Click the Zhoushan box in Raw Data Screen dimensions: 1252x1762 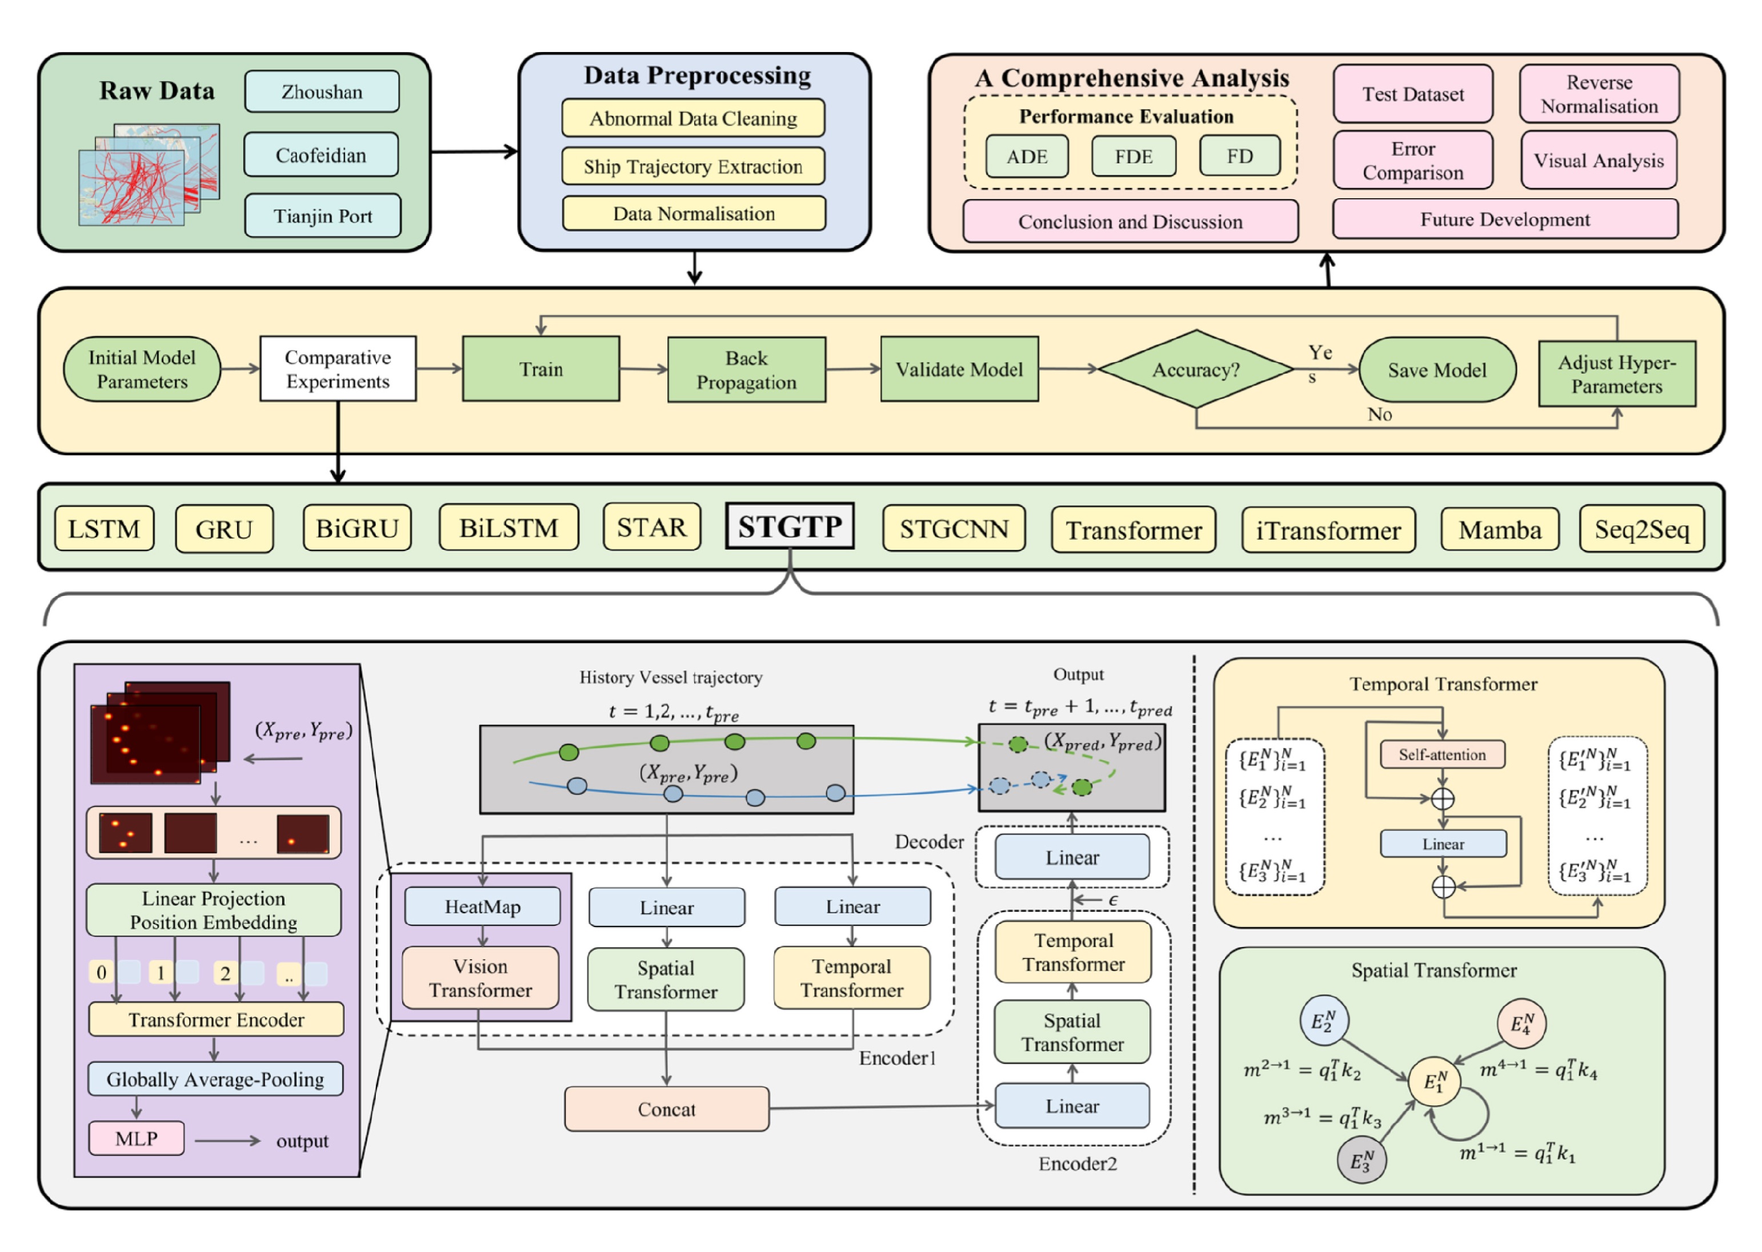(x=322, y=92)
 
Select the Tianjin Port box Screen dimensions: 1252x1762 (x=322, y=216)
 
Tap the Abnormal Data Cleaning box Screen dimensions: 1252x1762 (x=692, y=118)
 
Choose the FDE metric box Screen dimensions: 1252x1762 (x=1133, y=156)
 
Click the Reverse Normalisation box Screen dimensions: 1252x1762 (x=1599, y=94)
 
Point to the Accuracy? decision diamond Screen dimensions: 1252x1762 (x=1195, y=370)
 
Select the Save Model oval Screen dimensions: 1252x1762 (x=1436, y=370)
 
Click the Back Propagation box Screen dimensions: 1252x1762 (x=746, y=370)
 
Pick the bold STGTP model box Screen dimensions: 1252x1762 (x=789, y=527)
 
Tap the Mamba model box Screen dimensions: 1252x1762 (x=1499, y=529)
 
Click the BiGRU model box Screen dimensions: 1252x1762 (x=357, y=528)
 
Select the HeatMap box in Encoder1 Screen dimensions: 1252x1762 (x=482, y=906)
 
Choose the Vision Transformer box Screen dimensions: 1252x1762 (x=480, y=978)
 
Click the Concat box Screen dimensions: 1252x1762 (x=666, y=1109)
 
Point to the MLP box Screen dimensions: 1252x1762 (x=137, y=1138)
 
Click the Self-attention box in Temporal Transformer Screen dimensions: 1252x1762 (x=1441, y=755)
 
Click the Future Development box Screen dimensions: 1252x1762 (x=1504, y=220)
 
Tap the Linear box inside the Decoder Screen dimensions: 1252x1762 (x=1071, y=857)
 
